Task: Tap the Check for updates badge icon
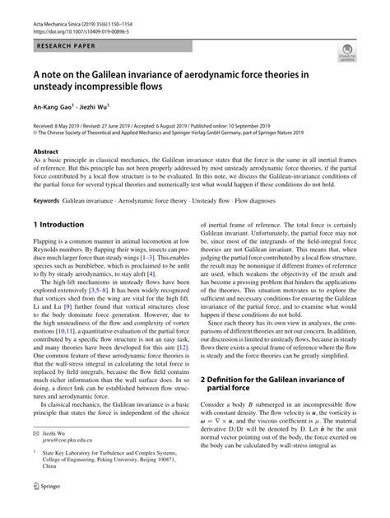coord(344,54)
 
